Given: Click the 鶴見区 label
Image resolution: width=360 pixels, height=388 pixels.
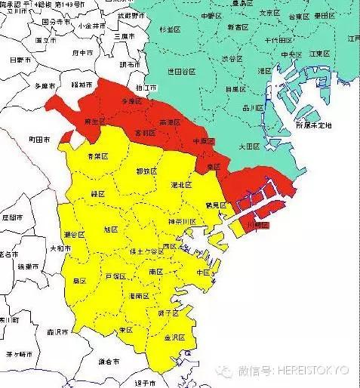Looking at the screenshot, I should [216, 205].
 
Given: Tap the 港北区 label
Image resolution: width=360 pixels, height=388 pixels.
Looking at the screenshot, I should [182, 185].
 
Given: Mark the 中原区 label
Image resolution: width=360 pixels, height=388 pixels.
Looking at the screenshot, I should [199, 141].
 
